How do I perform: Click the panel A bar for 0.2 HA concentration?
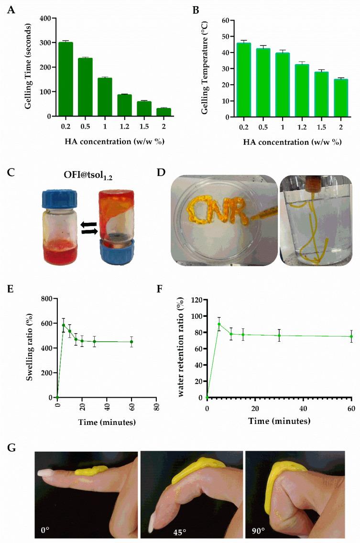[x=65, y=79]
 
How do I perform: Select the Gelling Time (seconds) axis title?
[x=28, y=67]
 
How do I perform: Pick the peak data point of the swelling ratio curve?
[x=64, y=325]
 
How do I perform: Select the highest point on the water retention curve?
[x=219, y=324]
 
